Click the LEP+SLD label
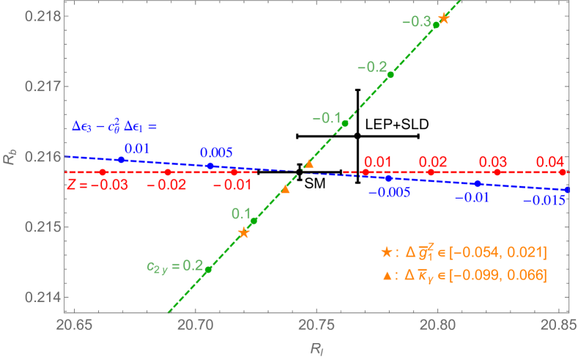(x=397, y=124)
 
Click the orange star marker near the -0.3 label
(x=442, y=18)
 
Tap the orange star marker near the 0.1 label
(x=244, y=232)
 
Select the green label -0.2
(x=372, y=67)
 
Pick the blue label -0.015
(x=543, y=199)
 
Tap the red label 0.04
(x=550, y=161)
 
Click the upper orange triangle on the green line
(x=309, y=164)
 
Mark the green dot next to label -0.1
(x=345, y=123)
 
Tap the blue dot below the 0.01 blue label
(x=122, y=159)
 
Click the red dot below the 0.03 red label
(x=497, y=172)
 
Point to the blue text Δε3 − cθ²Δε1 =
(x=116, y=126)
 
